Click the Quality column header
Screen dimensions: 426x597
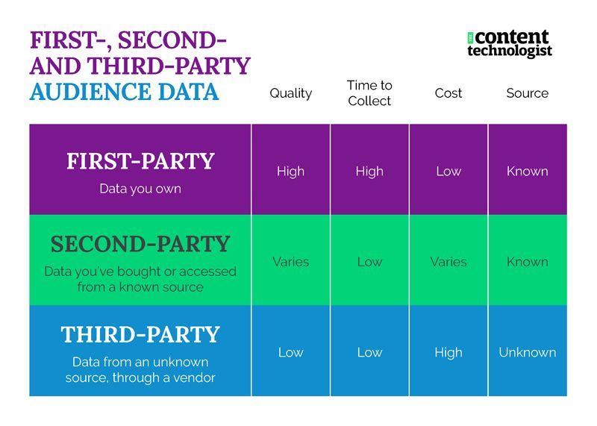click(x=290, y=93)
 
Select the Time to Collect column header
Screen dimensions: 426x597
click(x=369, y=93)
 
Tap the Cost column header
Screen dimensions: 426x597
click(x=448, y=93)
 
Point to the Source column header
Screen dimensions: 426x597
click(x=527, y=93)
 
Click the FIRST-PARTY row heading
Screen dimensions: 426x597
click(x=140, y=162)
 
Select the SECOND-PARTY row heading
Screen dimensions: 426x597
click(x=140, y=244)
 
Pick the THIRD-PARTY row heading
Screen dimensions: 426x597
click(x=140, y=334)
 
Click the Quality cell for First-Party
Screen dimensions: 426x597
click(x=290, y=171)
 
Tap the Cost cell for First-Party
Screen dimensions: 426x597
click(x=448, y=171)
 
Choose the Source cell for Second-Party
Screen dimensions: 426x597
click(x=527, y=262)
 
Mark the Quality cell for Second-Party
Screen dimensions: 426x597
click(x=290, y=262)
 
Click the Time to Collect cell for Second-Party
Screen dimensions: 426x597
click(x=369, y=262)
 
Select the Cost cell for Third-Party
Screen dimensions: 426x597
click(x=448, y=352)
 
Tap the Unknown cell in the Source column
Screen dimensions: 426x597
click(x=527, y=352)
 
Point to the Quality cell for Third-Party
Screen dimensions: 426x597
click(x=290, y=352)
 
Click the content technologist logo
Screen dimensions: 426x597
click(x=509, y=43)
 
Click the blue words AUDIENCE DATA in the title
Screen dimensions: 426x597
click(x=124, y=92)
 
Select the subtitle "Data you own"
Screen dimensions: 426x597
click(x=140, y=189)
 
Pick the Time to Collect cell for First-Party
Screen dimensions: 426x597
click(x=369, y=171)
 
